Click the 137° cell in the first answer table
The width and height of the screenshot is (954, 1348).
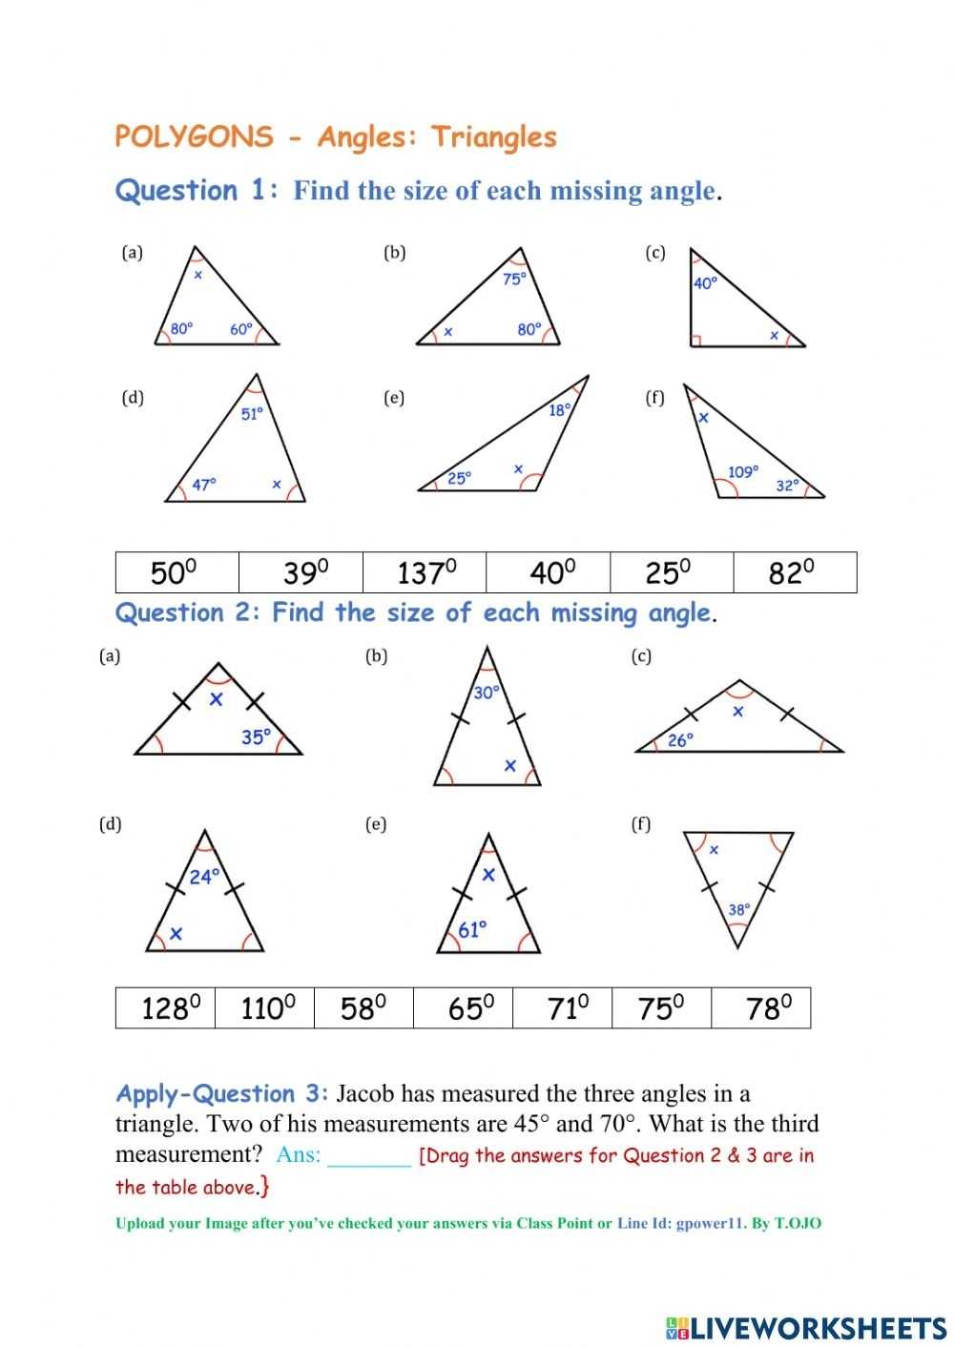coord(425,572)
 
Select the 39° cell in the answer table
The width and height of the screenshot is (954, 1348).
coord(301,572)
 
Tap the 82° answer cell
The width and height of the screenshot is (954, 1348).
coord(795,572)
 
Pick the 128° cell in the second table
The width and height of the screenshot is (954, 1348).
coord(167,1008)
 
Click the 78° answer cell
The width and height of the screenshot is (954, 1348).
coord(761,1008)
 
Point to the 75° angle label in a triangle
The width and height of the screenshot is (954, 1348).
coord(514,279)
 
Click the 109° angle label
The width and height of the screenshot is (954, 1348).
coord(743,471)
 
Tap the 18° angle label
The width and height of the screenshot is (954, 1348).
coord(560,410)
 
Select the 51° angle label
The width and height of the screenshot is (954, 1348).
coord(252,414)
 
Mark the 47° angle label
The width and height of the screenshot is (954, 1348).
coord(204,484)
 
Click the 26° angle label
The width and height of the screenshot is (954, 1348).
coord(680,739)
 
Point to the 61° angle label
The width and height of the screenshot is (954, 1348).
coord(473,929)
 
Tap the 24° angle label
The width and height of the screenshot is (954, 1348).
coord(204,876)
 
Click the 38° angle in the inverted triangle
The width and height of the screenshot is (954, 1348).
coord(739,909)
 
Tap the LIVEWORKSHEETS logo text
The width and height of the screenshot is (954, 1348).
coord(817,1328)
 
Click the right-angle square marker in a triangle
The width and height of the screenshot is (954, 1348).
coord(696,341)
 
